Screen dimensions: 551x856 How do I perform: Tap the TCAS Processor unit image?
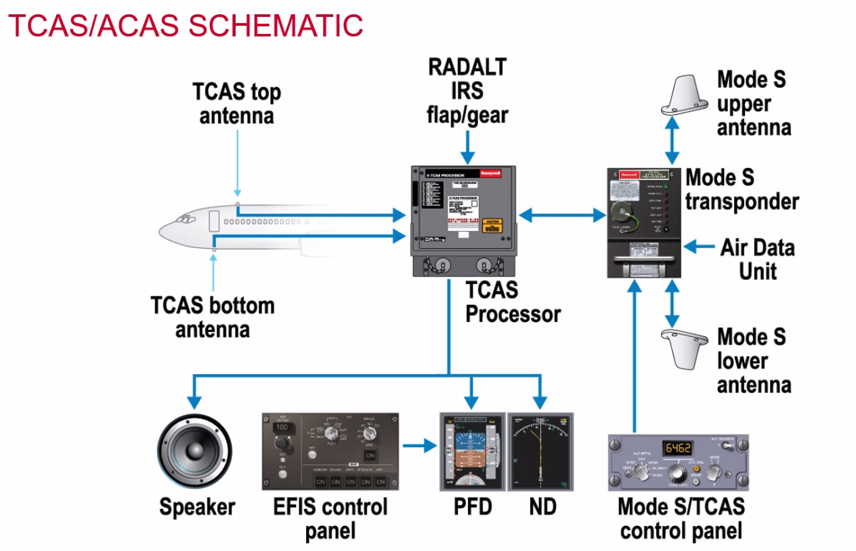coord(462,220)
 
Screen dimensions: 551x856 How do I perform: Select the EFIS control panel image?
coord(330,451)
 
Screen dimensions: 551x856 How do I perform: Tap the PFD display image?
coord(472,451)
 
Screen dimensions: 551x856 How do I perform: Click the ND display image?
coord(540,451)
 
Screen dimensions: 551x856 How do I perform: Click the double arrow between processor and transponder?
coord(561,216)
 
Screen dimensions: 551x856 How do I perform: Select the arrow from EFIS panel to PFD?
coord(420,446)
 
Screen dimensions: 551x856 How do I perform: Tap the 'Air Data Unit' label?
coord(757,259)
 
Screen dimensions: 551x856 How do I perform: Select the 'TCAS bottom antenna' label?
coord(213,317)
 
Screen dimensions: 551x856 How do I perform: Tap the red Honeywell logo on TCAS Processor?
coord(490,174)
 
